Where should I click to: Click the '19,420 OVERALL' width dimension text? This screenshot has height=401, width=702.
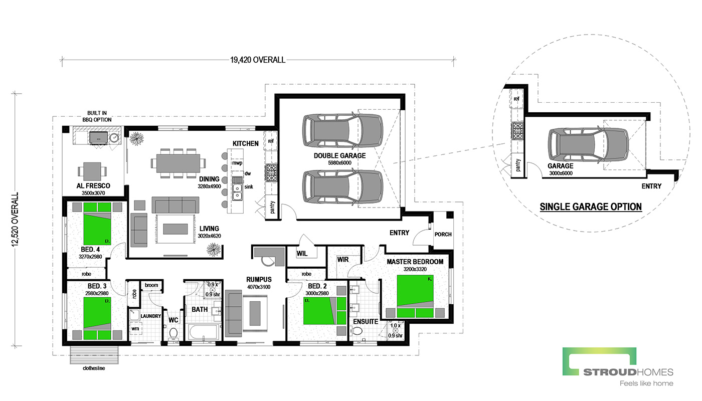click(x=258, y=60)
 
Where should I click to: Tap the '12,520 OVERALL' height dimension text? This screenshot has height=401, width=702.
click(x=15, y=220)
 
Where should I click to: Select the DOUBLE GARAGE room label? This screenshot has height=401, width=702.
click(x=340, y=155)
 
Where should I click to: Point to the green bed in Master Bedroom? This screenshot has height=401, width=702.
click(x=415, y=296)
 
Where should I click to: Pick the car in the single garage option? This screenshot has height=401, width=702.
click(x=588, y=144)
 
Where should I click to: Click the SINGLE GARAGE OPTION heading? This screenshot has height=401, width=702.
click(x=591, y=207)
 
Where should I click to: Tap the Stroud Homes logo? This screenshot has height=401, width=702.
click(x=618, y=366)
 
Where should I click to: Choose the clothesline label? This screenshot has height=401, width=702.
click(x=94, y=368)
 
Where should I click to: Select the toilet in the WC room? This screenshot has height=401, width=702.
click(x=173, y=334)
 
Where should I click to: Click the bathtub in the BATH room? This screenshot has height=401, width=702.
click(x=204, y=332)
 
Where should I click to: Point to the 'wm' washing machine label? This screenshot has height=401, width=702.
click(x=135, y=329)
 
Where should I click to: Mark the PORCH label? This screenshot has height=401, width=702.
click(x=443, y=235)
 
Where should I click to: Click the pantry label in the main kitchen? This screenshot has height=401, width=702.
click(x=272, y=207)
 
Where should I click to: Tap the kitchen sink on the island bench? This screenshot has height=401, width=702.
click(x=237, y=192)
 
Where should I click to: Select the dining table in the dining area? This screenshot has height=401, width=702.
click(x=179, y=163)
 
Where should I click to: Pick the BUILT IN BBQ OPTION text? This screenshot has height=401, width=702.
click(x=97, y=116)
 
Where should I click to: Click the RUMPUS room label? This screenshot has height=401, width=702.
click(x=259, y=280)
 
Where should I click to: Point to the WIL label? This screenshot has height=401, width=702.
click(x=302, y=254)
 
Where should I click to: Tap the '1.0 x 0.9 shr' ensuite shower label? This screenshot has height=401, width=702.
click(x=395, y=330)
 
